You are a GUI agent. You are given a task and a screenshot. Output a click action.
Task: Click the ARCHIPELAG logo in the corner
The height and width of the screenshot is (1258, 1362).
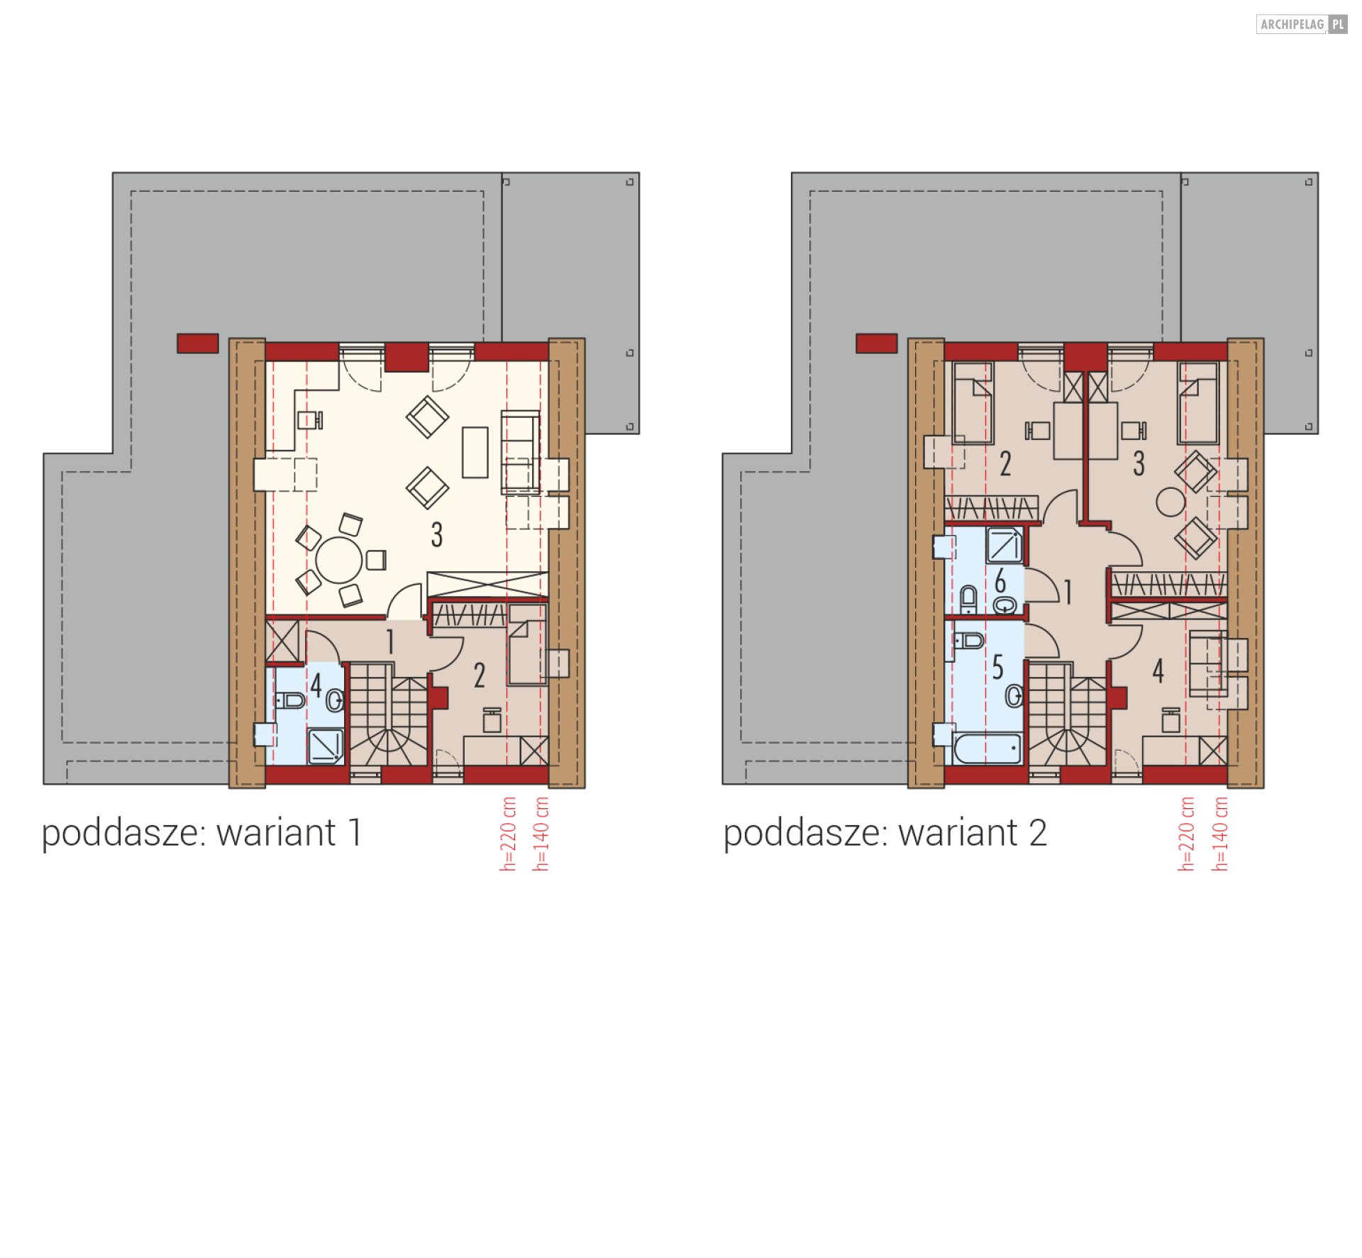coord(1301,24)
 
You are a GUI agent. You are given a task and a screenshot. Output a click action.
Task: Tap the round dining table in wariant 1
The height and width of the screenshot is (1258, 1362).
coord(339,561)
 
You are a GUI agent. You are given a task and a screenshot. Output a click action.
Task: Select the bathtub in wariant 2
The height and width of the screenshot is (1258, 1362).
coord(987,749)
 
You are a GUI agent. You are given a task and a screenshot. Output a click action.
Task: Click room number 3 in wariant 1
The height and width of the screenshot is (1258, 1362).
coord(437,534)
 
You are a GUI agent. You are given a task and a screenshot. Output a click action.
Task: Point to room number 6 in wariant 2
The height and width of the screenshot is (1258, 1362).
coord(1000,580)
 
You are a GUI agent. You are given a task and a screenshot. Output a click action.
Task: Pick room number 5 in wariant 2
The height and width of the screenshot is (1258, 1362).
coord(997,667)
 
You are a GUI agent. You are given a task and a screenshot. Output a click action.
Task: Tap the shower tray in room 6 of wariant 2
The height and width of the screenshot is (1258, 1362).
coord(1004,545)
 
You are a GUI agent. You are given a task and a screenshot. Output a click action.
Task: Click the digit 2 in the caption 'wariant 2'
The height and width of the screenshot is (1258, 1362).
coord(1037,833)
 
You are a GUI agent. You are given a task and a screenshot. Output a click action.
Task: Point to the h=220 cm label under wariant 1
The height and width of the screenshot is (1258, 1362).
coord(508,834)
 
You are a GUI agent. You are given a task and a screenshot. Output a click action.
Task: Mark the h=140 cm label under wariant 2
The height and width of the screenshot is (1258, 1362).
coord(1219,834)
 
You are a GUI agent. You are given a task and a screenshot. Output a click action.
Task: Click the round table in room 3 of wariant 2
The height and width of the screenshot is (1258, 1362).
coord(1170,502)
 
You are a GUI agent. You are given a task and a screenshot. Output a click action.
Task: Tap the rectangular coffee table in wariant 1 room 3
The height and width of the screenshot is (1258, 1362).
coord(475,452)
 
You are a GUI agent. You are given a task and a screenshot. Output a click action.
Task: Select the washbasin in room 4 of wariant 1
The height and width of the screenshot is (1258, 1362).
coord(336,700)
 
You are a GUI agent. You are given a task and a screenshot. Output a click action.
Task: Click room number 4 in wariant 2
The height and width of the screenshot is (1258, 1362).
coord(1158,670)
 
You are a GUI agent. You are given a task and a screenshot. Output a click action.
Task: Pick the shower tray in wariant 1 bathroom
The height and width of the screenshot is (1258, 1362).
coord(326,746)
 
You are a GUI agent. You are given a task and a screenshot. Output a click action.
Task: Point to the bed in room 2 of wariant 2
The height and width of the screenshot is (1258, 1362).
coord(973,403)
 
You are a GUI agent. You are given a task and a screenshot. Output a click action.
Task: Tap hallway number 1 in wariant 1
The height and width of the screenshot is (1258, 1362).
coord(390,641)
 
